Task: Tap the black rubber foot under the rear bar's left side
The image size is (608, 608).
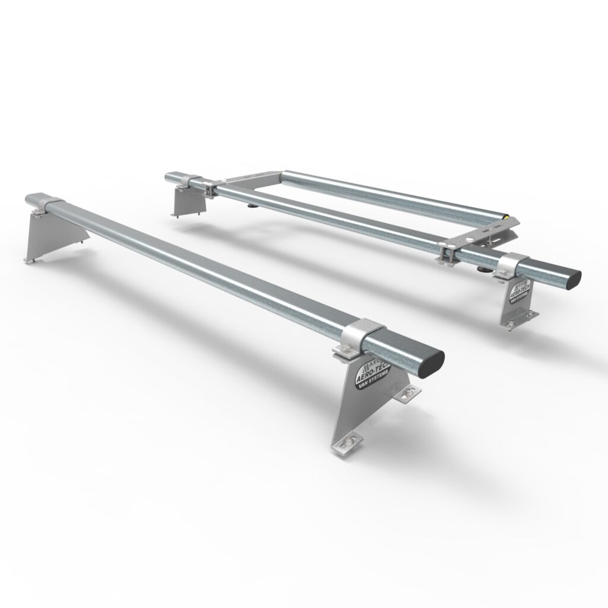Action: [251, 207]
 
